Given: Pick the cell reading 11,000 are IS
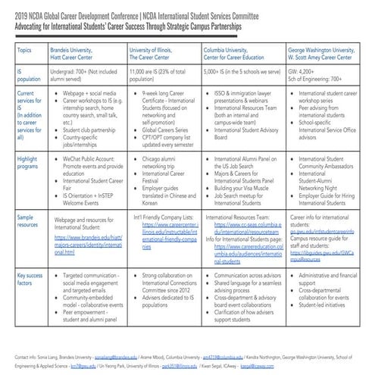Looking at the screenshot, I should coord(159,76).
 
